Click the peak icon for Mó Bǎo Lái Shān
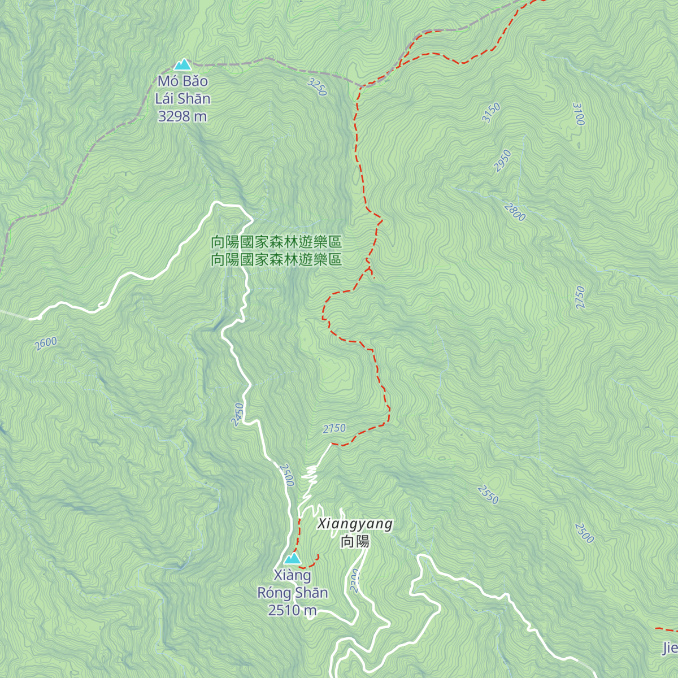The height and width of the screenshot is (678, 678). pos(182,64)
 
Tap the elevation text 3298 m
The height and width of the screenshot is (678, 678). pos(182,116)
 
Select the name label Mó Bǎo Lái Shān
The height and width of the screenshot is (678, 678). pos(182,90)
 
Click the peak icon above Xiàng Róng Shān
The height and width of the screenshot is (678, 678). pos(292,558)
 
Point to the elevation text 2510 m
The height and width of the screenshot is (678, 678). pos(292,610)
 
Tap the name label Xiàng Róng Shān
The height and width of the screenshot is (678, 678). pos(292,584)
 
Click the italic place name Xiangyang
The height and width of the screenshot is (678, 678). pos(355,524)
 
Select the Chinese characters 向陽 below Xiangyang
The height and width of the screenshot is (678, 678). pos(355,542)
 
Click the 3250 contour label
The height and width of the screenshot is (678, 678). pos(318,87)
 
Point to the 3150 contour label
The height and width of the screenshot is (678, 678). pos(491,112)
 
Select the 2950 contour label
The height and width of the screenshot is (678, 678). pos(502,160)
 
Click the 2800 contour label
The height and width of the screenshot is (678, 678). pos(515,212)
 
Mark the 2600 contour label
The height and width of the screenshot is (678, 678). pos(45,343)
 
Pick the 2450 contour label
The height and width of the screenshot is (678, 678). pos(238,414)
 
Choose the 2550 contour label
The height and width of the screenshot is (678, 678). pos(488,494)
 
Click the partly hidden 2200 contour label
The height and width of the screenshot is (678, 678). pos(354,581)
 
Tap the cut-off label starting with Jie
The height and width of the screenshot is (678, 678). pos(670,648)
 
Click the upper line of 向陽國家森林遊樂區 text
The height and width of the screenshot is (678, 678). pos(276,242)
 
